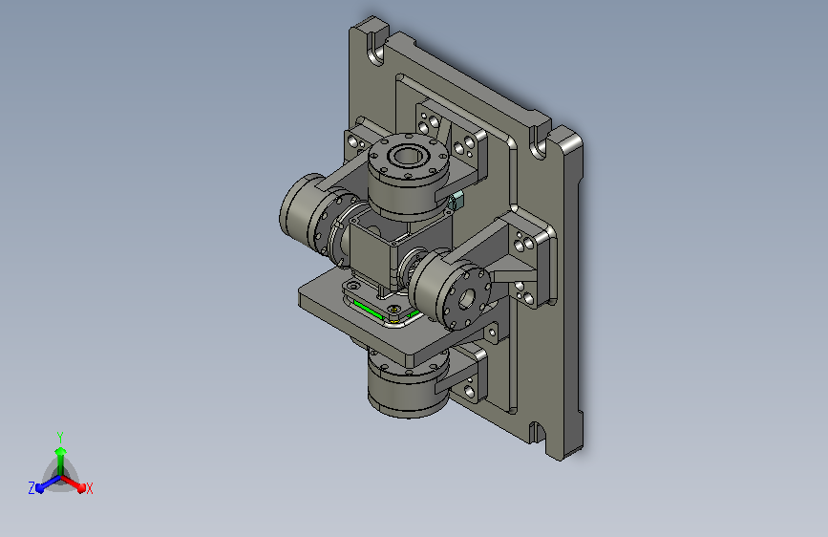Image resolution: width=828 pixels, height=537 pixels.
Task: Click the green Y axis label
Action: tap(60, 437)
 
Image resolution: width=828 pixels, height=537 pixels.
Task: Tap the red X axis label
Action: tap(89, 488)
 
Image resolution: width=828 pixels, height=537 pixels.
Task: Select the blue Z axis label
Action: tap(32, 488)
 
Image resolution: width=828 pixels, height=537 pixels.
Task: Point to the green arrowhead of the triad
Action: tap(60, 451)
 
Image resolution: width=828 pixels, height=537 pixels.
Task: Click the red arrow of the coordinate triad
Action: tap(73, 483)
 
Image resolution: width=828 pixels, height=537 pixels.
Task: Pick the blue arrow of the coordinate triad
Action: tap(49, 483)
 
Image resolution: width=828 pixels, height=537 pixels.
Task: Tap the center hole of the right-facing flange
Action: tap(466, 300)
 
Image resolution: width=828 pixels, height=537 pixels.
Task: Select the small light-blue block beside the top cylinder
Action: tap(456, 200)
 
